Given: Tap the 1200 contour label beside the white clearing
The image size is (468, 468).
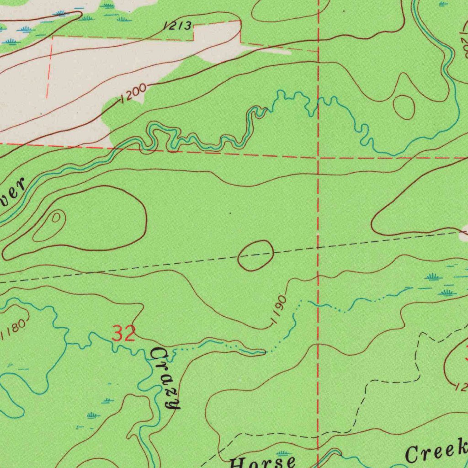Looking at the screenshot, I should [133, 93].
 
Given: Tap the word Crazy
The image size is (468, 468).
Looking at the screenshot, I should [166, 378].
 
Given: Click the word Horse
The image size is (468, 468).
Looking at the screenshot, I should [262, 462].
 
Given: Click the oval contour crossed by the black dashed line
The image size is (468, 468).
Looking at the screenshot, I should [255, 255].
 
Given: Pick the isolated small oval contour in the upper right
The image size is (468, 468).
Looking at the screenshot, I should [404, 107].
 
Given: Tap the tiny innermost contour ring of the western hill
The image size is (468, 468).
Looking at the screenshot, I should [56, 218].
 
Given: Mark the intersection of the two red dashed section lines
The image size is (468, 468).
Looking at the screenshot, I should [318, 157].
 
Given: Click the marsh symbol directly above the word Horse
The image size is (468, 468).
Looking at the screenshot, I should [283, 453].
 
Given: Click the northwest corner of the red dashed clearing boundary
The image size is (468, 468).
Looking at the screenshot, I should [53, 36].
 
